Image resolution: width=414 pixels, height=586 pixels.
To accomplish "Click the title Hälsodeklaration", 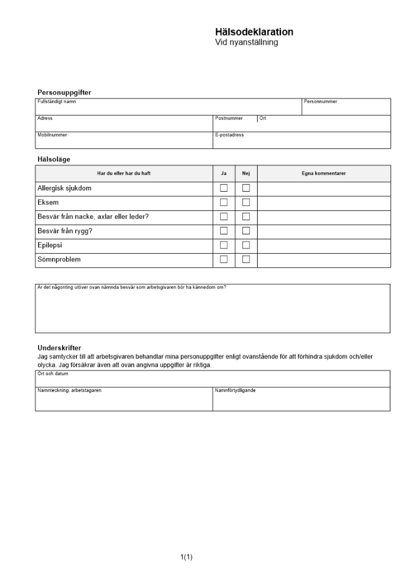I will pos(254,32).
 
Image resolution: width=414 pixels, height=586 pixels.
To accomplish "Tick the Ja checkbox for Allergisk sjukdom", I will pos(224,188).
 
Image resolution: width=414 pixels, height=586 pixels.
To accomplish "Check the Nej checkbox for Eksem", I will pos(246,202).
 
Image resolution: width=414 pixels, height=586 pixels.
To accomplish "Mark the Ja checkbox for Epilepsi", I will pos(224,245).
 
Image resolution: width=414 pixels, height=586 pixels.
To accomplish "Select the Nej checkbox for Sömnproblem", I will pos(246,259).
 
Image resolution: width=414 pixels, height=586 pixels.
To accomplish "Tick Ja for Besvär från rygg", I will pos(224,231).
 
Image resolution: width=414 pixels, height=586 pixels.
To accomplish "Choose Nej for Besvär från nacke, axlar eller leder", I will pos(246,217).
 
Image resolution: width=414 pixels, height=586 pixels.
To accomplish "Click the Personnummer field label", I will pos(320,101).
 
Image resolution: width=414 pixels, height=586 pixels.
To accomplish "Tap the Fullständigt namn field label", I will pos(56,101).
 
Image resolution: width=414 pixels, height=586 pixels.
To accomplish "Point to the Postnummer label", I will pos(228,118).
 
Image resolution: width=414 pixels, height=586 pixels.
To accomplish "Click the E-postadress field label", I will pos(229,135).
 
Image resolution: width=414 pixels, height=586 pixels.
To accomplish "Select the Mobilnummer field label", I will pos(52,135).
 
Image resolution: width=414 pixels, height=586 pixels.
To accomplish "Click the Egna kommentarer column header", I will pos(323,173).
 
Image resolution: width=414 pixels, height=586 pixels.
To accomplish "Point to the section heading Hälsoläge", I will pos(54,159).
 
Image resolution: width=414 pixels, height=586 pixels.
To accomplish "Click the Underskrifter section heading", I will pos(59,347).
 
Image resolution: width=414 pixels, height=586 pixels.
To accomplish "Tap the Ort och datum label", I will pos(51,373).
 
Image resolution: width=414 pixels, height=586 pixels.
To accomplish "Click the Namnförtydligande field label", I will pos(235,390).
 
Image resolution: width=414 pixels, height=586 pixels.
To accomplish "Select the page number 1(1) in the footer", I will pos(186,557).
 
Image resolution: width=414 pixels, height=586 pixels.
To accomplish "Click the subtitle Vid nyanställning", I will pos(247,42).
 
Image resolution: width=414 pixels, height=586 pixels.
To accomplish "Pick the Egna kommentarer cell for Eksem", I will pos(323,203).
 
